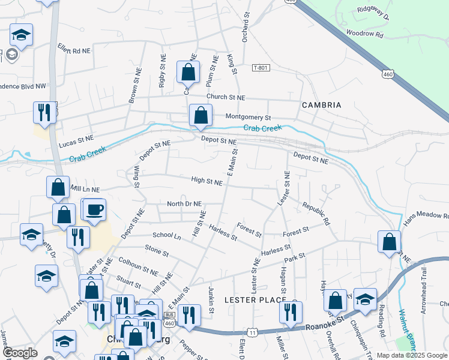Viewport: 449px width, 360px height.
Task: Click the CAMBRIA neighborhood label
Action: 322,105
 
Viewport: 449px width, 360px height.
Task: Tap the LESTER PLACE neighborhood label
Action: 253,299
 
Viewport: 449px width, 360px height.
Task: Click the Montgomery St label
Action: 249,117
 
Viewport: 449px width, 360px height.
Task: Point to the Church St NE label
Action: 226,97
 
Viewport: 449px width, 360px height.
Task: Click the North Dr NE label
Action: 184,204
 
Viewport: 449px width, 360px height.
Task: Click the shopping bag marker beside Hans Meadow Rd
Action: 390,242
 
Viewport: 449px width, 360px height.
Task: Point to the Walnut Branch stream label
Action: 408,329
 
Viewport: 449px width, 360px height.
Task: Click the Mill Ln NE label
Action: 85,190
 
